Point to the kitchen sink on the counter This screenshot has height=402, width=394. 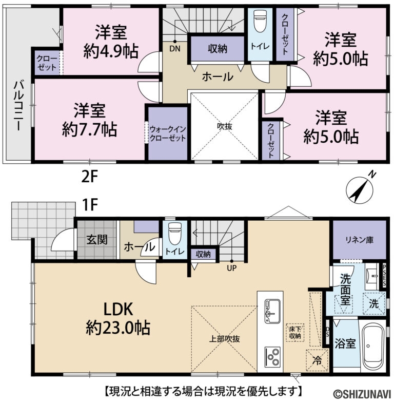[x=270, y=311]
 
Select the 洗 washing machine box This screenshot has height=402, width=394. [x=375, y=303]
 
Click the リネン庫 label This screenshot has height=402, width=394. [x=358, y=240]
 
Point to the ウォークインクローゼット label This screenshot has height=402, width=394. [x=167, y=133]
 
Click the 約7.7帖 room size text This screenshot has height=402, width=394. [x=89, y=129]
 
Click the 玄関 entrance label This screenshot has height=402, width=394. [x=96, y=240]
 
